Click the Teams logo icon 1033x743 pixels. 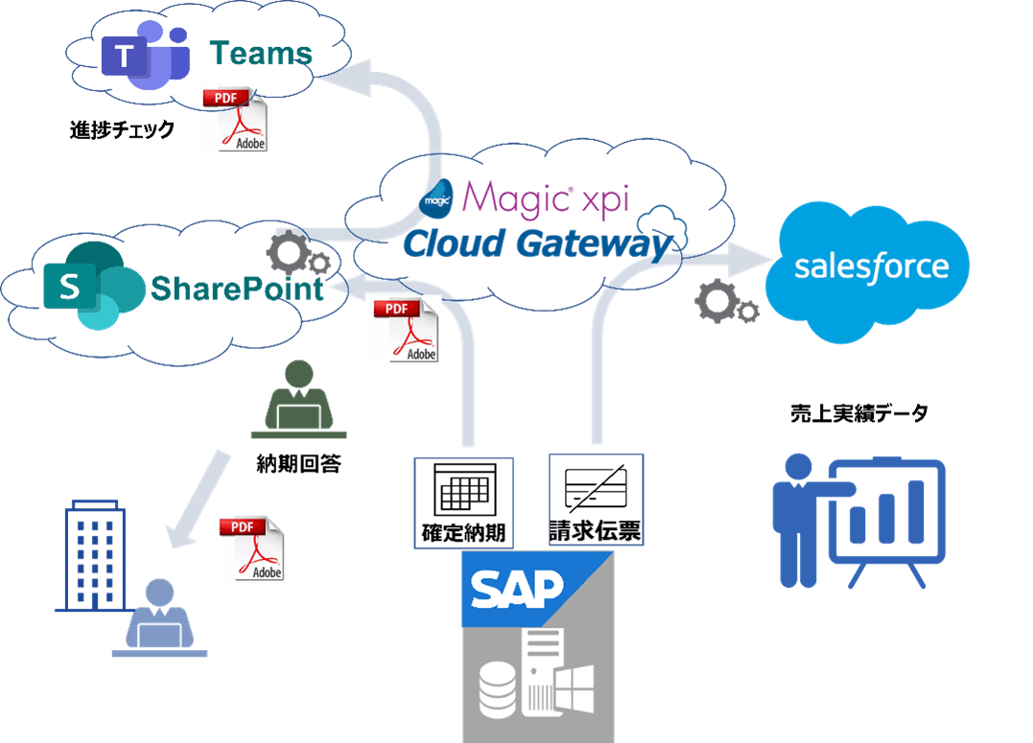tap(144, 56)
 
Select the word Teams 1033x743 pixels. tap(261, 54)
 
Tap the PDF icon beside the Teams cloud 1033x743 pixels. tap(236, 118)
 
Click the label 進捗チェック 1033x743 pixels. tap(122, 129)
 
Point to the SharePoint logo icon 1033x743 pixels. tap(82, 286)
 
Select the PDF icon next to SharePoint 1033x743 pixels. tap(407, 330)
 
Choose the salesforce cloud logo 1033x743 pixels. tap(871, 267)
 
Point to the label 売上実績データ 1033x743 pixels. tap(859, 414)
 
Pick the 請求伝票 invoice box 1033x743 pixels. tap(596, 499)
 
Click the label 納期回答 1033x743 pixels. tap(298, 465)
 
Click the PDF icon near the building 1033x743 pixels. tap(252, 547)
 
